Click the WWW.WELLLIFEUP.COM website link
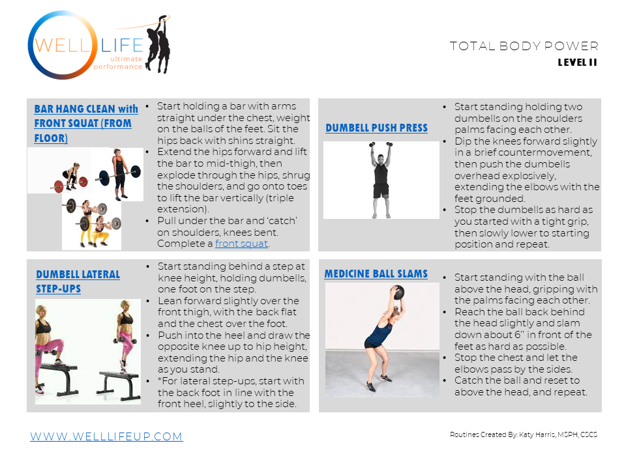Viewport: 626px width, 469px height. click(106, 436)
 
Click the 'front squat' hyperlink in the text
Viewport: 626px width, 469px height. click(241, 244)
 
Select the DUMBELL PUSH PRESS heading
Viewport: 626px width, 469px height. click(376, 128)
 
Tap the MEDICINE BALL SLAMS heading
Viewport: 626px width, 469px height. click(376, 274)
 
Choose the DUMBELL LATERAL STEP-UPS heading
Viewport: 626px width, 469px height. click(78, 281)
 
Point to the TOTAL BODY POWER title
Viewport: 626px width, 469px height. click(524, 46)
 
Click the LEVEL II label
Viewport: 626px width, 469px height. click(577, 63)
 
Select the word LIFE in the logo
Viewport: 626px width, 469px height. click(122, 46)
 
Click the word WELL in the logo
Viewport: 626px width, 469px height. click(63, 45)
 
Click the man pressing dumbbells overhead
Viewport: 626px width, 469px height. click(381, 180)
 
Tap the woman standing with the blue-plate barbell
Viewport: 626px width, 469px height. click(119, 174)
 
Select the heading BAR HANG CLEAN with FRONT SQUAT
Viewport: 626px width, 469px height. click(86, 124)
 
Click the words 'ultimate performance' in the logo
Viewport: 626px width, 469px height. click(118, 63)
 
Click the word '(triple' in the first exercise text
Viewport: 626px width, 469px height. click(280, 198)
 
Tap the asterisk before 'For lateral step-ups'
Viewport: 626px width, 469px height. click(160, 380)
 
